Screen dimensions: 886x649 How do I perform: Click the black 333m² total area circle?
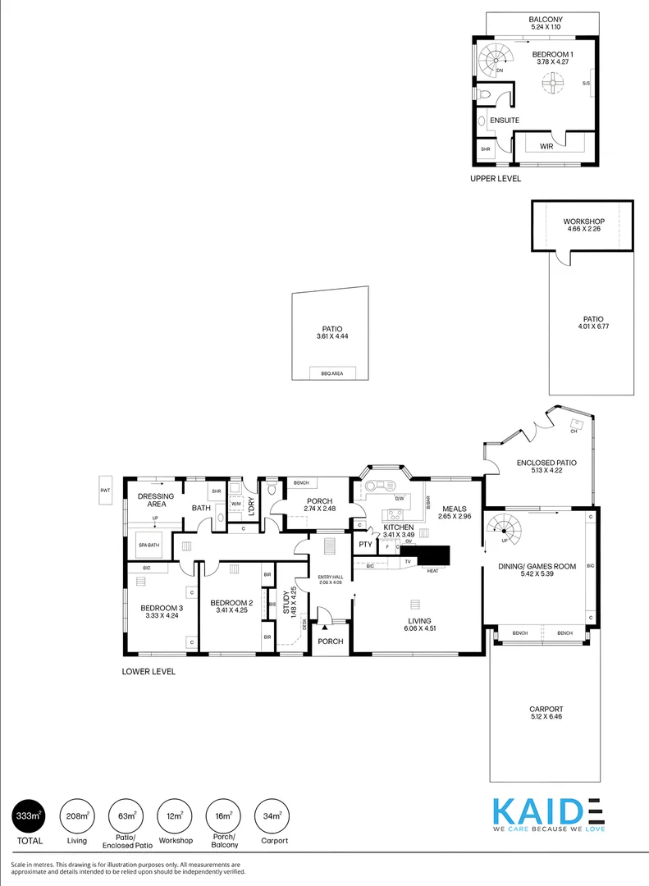pos(27,815)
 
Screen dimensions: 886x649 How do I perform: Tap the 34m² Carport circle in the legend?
pos(272,815)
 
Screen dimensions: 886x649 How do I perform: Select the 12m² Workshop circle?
pos(173,815)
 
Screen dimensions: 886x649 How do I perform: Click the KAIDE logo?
pos(548,815)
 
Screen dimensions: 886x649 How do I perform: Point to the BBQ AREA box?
pos(332,373)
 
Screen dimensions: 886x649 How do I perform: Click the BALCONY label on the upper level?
pos(545,19)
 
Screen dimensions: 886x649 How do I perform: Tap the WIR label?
pos(546,146)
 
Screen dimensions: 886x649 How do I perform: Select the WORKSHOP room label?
pos(583,221)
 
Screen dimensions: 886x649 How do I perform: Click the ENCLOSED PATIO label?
pos(546,463)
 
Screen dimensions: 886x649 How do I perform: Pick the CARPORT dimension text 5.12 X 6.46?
pos(546,716)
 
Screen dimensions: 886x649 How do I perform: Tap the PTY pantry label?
pos(364,543)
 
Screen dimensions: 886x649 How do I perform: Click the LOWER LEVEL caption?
pos(149,671)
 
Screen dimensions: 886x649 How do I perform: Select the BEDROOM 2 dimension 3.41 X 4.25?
pos(229,610)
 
